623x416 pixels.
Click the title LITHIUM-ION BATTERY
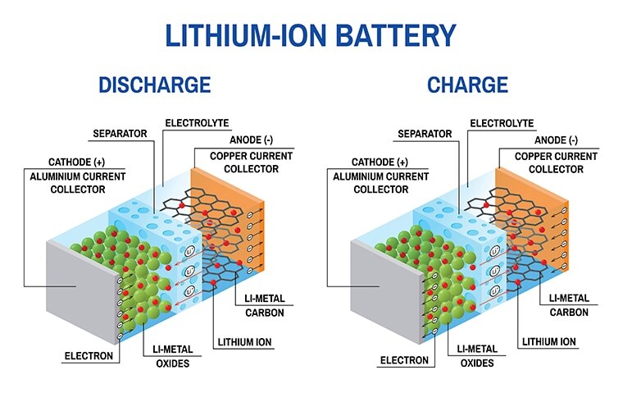point(311,35)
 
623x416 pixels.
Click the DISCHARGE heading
point(155,85)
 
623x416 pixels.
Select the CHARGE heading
point(467,85)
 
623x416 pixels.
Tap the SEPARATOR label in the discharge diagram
point(120,133)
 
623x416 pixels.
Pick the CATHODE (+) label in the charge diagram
point(380,162)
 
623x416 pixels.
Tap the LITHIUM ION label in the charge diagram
point(551,341)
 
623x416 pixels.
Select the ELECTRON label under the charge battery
point(404,360)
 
